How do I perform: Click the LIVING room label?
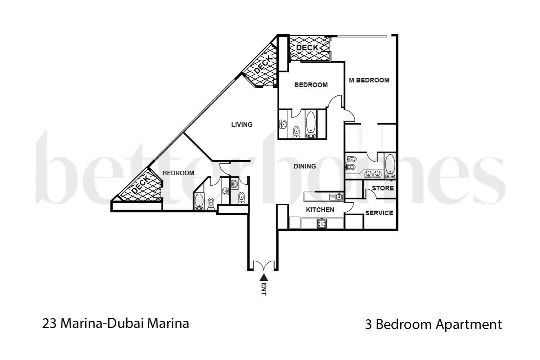[x=242, y=125]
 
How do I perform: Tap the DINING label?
[x=305, y=166]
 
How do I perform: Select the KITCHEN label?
[x=320, y=210]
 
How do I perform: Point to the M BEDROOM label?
[x=369, y=80]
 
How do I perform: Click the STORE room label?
[x=382, y=188]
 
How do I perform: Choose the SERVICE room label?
[x=379, y=213]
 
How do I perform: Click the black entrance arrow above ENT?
[x=264, y=277]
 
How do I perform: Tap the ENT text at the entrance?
[x=264, y=289]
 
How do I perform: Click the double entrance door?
[x=263, y=266]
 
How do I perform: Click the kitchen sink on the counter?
[x=336, y=197]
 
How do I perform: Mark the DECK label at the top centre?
[x=307, y=48]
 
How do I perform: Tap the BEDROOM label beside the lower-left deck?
[x=178, y=173]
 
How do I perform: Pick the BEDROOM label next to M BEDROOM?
[x=311, y=85]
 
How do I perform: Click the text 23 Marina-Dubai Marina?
[x=116, y=323]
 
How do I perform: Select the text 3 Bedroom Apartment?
[x=433, y=324]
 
